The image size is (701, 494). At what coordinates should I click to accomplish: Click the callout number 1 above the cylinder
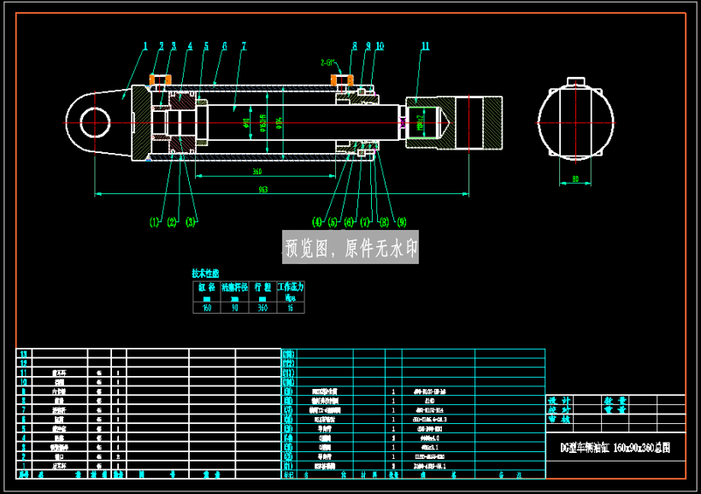click(145, 46)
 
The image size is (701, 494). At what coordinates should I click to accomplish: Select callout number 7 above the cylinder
click(244, 46)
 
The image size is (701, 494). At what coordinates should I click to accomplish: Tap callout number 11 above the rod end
click(425, 46)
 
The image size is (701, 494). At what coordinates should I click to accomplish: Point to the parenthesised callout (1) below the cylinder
click(154, 222)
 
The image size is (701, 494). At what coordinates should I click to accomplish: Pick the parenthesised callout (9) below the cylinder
click(401, 222)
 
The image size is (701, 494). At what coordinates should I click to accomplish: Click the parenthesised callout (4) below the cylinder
click(317, 222)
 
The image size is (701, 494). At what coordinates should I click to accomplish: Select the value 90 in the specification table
click(234, 308)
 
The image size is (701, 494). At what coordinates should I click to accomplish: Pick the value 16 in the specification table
click(291, 308)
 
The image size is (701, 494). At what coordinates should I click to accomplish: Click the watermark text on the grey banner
click(350, 248)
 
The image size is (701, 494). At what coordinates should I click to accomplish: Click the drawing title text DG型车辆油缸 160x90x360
click(615, 448)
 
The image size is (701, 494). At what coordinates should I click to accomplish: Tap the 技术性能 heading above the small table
click(205, 273)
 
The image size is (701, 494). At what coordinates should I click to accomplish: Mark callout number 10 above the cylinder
click(380, 46)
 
